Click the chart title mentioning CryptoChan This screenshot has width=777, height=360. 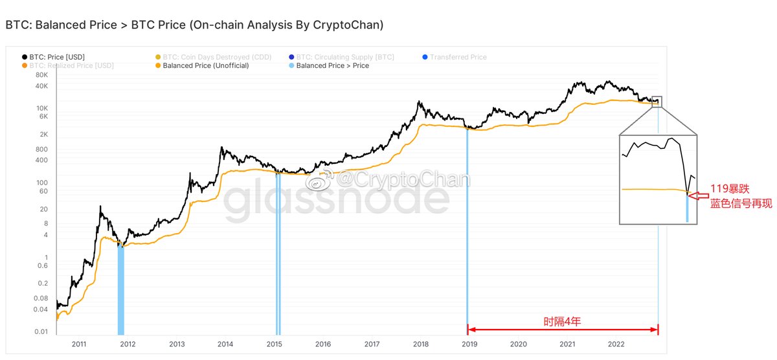(x=194, y=25)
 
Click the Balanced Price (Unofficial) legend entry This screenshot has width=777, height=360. (x=205, y=65)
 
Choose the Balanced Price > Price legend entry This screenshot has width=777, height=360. (x=332, y=65)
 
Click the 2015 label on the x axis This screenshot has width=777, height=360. (x=275, y=344)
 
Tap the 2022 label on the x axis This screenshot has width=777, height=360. (x=616, y=344)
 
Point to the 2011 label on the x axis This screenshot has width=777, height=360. (x=80, y=344)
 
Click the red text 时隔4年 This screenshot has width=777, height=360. (x=562, y=321)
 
